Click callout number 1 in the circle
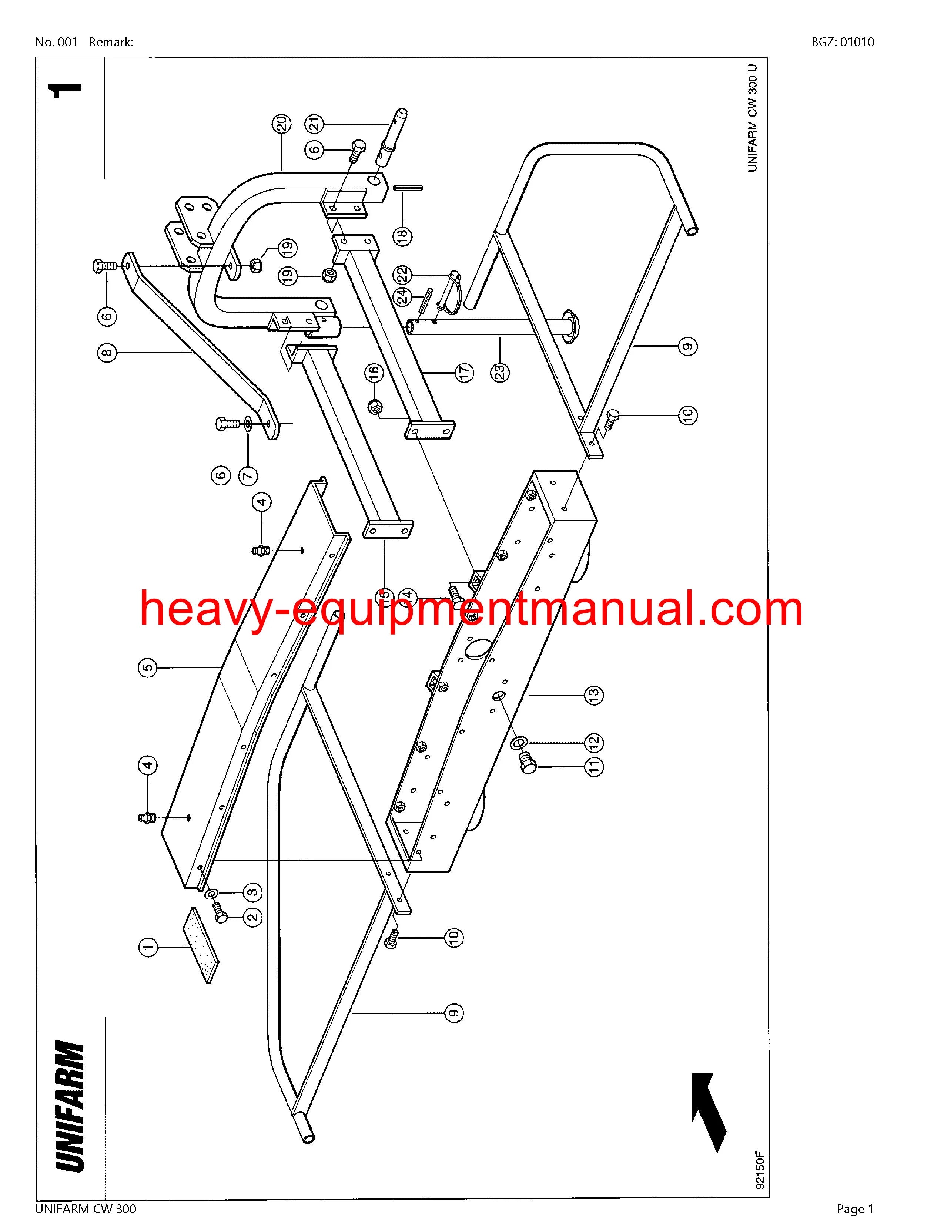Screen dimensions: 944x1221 pyautogui.click(x=148, y=947)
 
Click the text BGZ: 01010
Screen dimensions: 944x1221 pyautogui.click(x=843, y=42)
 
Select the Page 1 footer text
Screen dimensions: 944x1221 pyautogui.click(x=854, y=1209)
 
